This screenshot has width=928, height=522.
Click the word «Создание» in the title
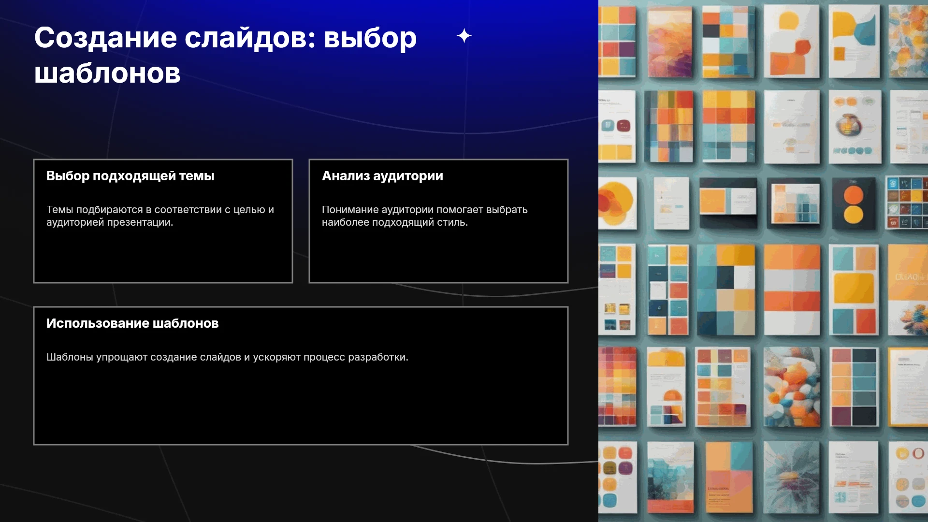tap(105, 39)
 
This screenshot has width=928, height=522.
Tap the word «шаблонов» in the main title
tap(107, 73)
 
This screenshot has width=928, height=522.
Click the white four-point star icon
tap(464, 36)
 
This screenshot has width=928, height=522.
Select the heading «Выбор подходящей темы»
tap(130, 176)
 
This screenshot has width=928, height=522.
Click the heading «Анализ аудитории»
tap(382, 176)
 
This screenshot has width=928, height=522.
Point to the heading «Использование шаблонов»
tap(132, 323)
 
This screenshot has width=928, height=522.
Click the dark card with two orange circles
tap(854, 203)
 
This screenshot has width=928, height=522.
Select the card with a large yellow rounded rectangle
tap(854, 290)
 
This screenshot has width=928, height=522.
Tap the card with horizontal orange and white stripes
tap(792, 290)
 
